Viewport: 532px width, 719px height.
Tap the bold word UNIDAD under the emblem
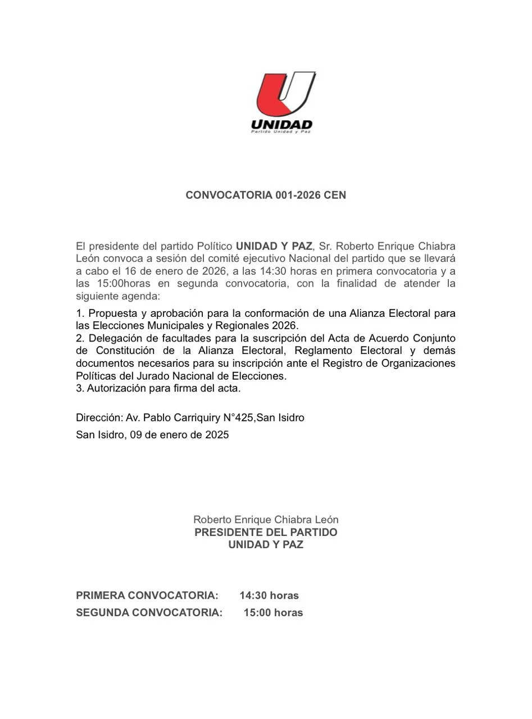(281, 124)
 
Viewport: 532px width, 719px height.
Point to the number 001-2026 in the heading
(298, 195)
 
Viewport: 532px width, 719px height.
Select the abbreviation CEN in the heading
(335, 195)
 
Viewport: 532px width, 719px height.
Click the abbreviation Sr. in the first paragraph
(325, 246)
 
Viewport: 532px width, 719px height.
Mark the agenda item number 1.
(80, 313)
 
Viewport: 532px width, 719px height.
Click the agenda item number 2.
(80, 339)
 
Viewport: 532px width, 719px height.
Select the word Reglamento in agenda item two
(322, 351)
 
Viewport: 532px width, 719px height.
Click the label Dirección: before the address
(99, 418)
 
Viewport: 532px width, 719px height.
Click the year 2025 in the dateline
(217, 435)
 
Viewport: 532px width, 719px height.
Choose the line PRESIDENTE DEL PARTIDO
(266, 533)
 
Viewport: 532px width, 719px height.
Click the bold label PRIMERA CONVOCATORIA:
(147, 595)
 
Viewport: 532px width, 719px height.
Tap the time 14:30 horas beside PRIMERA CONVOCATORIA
(269, 595)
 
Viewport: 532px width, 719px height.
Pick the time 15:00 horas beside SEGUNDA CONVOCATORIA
(273, 613)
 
